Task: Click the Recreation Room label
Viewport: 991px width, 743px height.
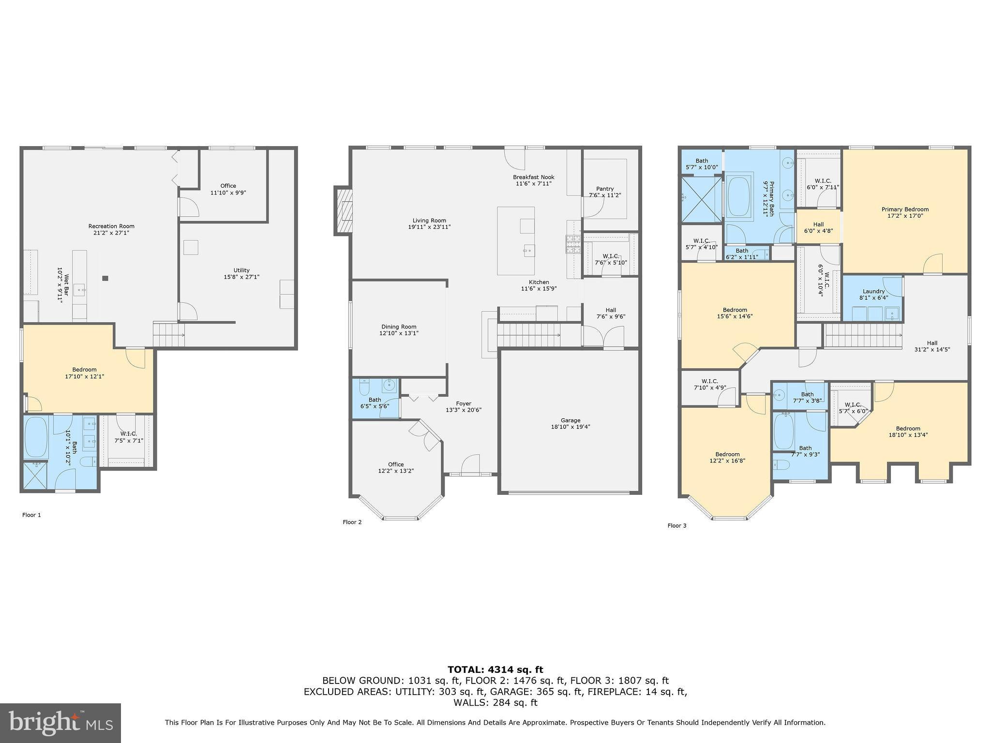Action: pos(111,226)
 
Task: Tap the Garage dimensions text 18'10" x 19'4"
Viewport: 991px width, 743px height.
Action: pos(571,427)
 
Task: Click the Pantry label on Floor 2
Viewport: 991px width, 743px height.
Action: pos(605,189)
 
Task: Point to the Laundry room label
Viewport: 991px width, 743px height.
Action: pos(873,291)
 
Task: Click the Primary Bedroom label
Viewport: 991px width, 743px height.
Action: pos(905,209)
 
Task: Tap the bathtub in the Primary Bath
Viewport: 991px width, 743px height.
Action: pos(738,195)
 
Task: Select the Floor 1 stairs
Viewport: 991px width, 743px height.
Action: pos(169,334)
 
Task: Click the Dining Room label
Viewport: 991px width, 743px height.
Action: pos(399,327)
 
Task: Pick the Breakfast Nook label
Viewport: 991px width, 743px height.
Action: pos(534,177)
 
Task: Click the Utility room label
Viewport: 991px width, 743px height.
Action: pos(241,270)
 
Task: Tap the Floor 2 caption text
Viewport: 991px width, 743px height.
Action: pos(352,522)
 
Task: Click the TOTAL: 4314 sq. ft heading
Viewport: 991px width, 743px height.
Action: pos(495,669)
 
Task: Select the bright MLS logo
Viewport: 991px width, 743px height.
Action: pos(60,723)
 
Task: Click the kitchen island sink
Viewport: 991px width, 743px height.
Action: pos(529,250)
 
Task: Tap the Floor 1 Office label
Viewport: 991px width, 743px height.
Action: pos(228,186)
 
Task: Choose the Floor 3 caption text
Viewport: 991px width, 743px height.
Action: pos(676,525)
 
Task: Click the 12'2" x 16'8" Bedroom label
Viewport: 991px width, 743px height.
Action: pos(727,454)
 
